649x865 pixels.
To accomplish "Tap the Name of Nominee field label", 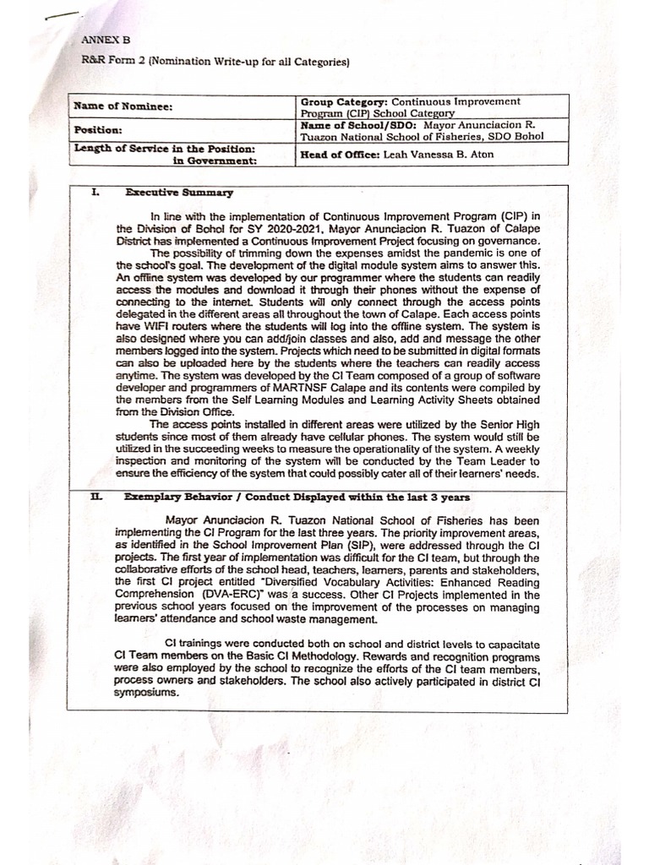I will click(112, 106).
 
